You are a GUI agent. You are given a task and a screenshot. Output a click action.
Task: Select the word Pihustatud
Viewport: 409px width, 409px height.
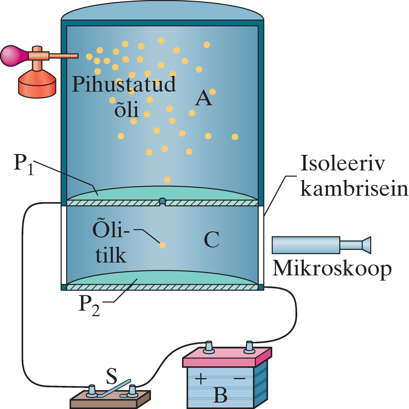pyautogui.click(x=124, y=84)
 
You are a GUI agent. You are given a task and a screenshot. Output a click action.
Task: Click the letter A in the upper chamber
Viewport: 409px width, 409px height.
pyautogui.click(x=204, y=98)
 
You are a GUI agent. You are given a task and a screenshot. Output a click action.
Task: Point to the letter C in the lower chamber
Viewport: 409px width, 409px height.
pyautogui.click(x=212, y=240)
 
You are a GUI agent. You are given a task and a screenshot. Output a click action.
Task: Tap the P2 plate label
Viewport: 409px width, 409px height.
pyautogui.click(x=89, y=305)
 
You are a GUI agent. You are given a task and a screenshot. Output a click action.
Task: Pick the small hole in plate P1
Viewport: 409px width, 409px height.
pyautogui.click(x=162, y=202)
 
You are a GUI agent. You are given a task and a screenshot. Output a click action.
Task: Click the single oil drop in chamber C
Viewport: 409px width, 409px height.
pyautogui.click(x=162, y=245)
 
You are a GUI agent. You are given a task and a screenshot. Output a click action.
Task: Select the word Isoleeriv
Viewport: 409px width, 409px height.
pyautogui.click(x=343, y=163)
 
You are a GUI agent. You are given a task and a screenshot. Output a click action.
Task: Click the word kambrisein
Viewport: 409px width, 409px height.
pyautogui.click(x=354, y=189)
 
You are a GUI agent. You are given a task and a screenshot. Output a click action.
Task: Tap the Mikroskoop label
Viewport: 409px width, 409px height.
pyautogui.click(x=332, y=268)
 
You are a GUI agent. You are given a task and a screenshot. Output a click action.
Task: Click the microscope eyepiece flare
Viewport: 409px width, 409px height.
pyautogui.click(x=366, y=245)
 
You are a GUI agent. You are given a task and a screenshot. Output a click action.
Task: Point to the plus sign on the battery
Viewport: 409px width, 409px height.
pyautogui.click(x=201, y=379)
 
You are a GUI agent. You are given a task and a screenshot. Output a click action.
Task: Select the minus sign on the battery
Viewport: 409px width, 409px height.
pyautogui.click(x=240, y=379)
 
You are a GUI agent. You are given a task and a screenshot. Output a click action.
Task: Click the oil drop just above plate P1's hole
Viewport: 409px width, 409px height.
pyautogui.click(x=167, y=179)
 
